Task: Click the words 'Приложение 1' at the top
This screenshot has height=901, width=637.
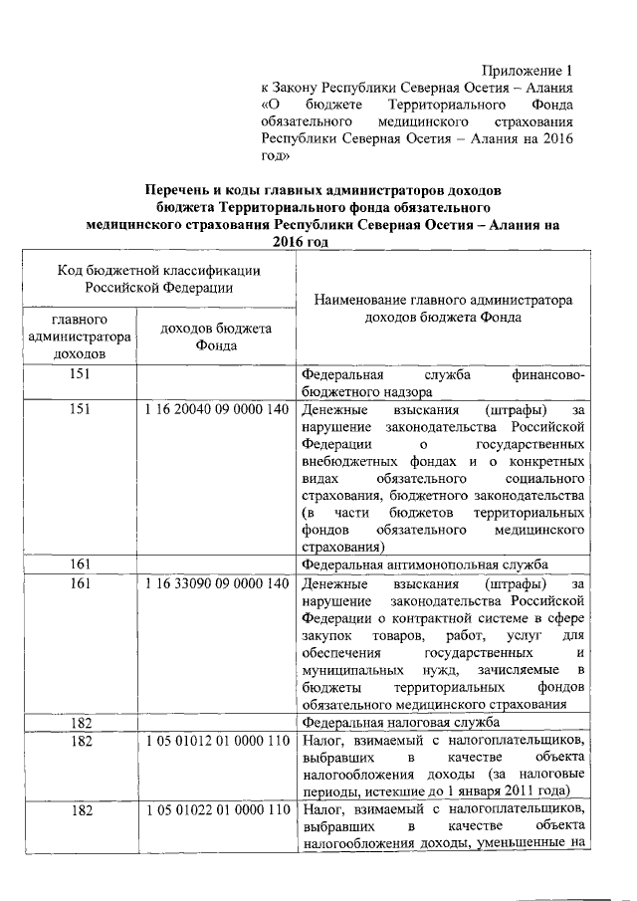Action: point(529,71)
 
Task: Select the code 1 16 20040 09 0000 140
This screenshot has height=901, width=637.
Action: point(216,409)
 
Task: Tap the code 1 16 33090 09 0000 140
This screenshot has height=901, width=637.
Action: point(216,582)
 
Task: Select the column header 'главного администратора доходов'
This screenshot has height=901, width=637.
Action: point(79,338)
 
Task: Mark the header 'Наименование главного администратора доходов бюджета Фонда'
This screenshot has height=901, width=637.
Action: point(443,308)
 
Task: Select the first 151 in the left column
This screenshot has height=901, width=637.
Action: point(79,374)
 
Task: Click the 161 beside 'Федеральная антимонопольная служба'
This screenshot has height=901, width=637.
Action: point(79,564)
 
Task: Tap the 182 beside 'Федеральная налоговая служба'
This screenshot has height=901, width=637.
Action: point(79,722)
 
